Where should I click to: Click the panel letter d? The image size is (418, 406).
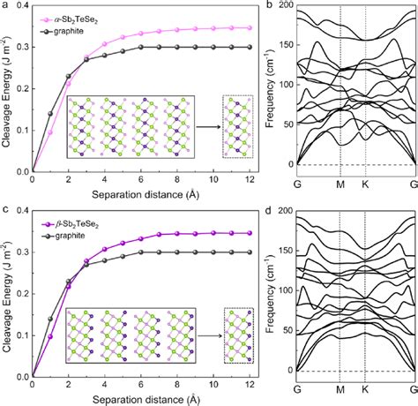[261, 209]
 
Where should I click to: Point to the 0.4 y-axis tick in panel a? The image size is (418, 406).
[23, 8]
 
